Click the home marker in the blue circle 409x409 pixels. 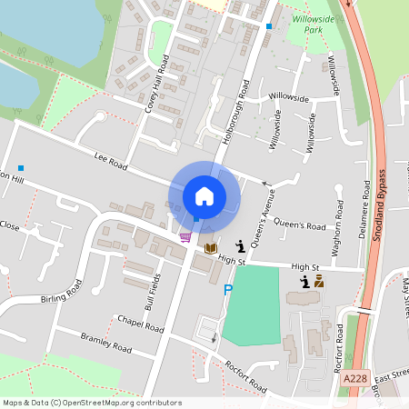[204, 195]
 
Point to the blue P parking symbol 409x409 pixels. [228, 290]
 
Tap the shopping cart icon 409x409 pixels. [185, 237]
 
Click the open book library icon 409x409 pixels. [211, 247]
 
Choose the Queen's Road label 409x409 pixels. [299, 226]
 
